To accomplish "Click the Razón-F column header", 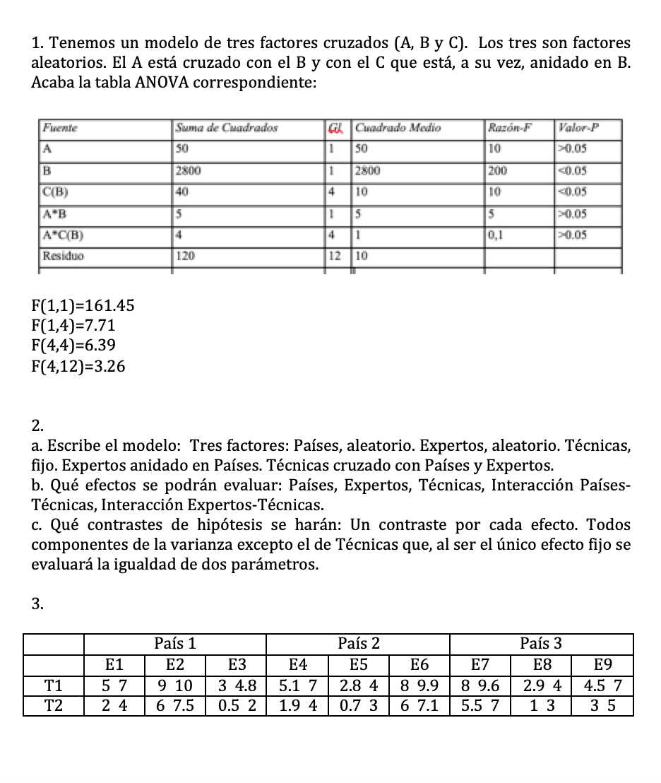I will pyautogui.click(x=508, y=128).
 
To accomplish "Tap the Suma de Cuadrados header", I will pyautogui.click(x=227, y=128).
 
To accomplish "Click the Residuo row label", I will pyautogui.click(x=63, y=256).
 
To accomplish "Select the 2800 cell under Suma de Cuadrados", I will pyautogui.click(x=189, y=170).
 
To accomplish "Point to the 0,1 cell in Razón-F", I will pyautogui.click(x=496, y=235).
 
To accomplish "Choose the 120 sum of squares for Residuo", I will pyautogui.click(x=186, y=256).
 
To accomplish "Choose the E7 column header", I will pyautogui.click(x=480, y=664).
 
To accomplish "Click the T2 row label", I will pyautogui.click(x=53, y=705).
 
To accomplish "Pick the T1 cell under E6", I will pyautogui.click(x=419, y=684).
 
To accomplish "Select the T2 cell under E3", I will pyautogui.click(x=237, y=705).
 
